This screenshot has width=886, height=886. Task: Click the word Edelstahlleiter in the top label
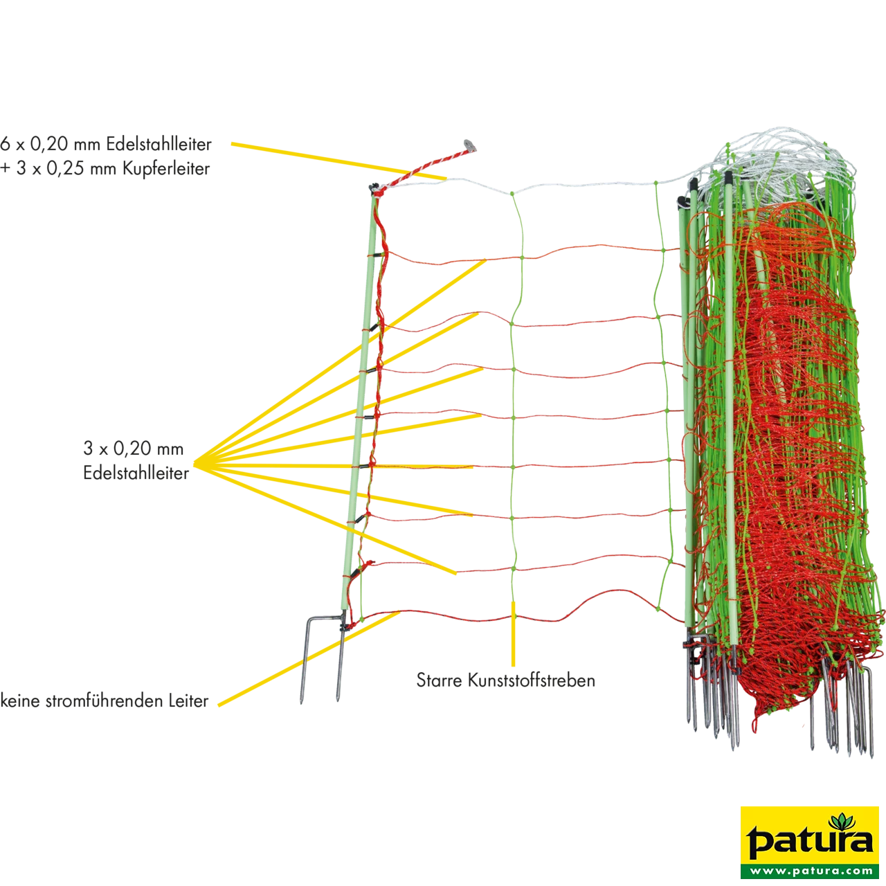(x=159, y=145)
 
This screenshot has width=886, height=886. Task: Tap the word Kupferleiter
(x=166, y=169)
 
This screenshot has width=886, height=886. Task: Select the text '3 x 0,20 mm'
(x=134, y=449)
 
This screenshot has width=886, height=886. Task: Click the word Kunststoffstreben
(x=532, y=680)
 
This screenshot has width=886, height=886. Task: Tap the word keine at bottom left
(x=20, y=701)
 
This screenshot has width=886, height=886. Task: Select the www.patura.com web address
(x=810, y=871)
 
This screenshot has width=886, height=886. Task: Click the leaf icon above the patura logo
(x=840, y=822)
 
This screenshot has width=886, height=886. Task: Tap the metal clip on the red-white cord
(x=470, y=145)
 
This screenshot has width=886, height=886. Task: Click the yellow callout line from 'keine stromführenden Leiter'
(x=309, y=664)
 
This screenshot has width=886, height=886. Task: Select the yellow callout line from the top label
(x=339, y=161)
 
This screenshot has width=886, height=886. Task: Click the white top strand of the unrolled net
(x=534, y=186)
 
